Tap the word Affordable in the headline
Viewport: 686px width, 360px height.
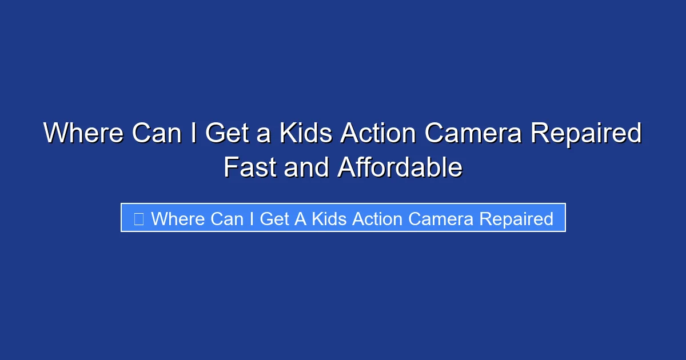point(400,168)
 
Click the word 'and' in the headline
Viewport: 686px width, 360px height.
point(305,168)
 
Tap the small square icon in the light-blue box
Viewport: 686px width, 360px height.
point(138,219)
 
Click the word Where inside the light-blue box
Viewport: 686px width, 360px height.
point(177,219)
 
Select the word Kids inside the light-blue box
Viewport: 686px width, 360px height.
point(329,219)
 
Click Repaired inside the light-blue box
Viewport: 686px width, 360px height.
point(516,219)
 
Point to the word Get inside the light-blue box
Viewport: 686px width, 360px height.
point(274,219)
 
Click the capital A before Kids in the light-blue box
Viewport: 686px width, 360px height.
point(300,219)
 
